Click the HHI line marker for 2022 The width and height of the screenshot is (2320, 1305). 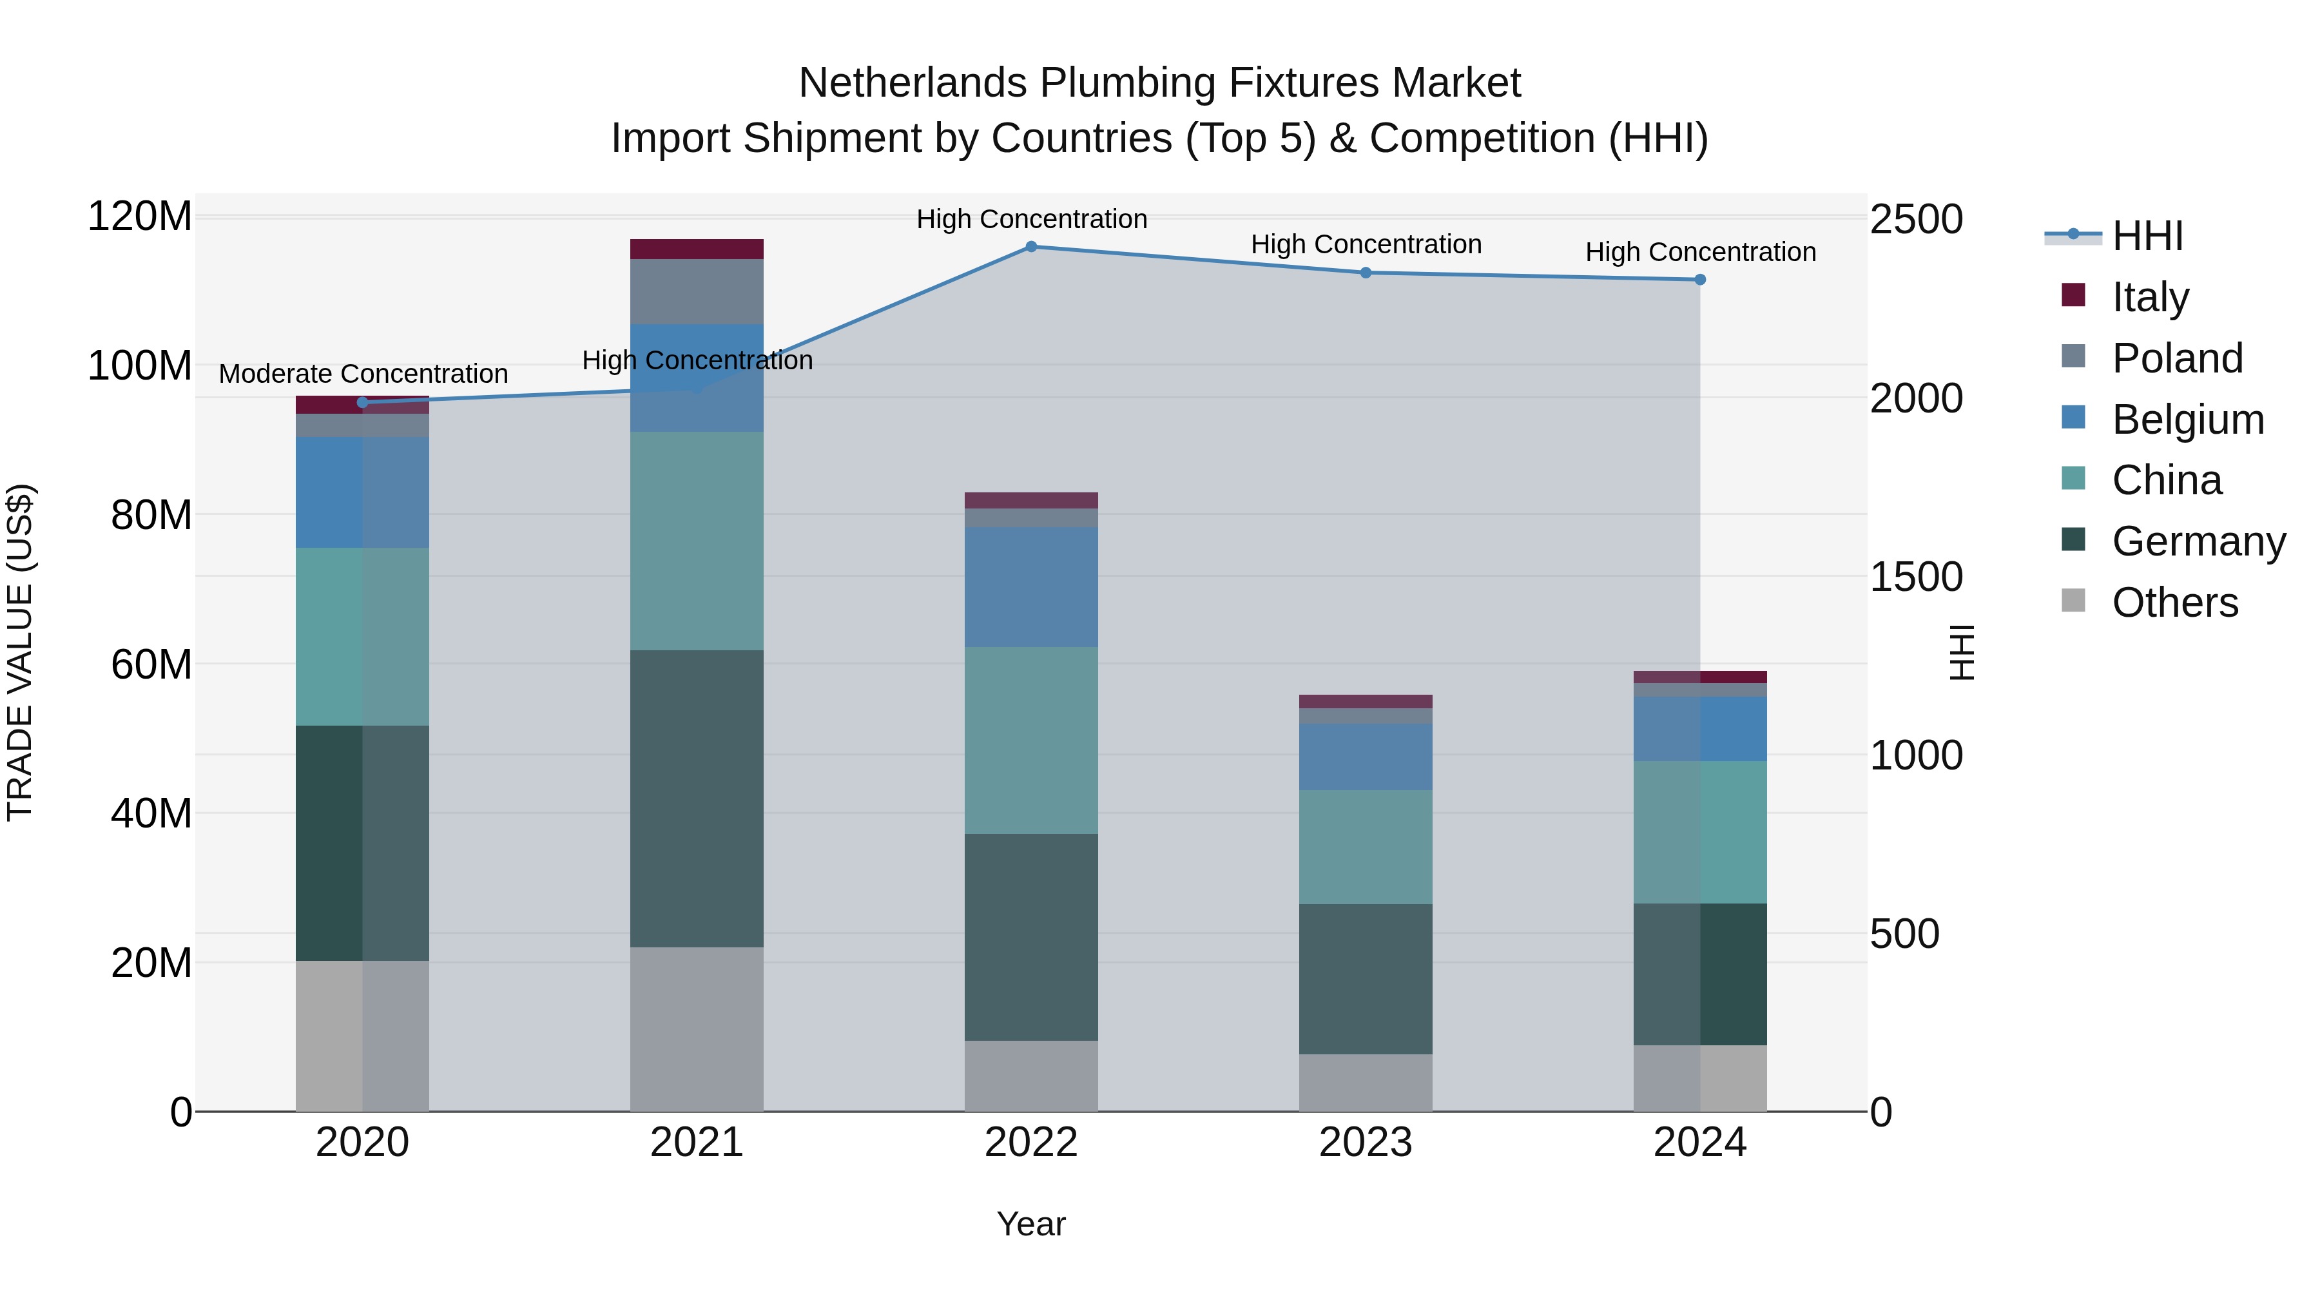coord(1031,247)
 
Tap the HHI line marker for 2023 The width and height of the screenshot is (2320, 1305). coord(1366,273)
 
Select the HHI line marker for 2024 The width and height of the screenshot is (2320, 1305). coord(1699,280)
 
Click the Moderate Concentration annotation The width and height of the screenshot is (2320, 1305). coord(363,374)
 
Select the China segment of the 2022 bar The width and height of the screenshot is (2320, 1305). coord(1031,740)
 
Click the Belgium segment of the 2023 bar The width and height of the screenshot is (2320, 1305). coord(1366,757)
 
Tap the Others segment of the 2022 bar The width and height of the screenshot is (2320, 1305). coord(1031,1076)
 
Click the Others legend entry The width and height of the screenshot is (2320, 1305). coord(2174,603)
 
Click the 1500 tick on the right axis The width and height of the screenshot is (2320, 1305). coord(1916,577)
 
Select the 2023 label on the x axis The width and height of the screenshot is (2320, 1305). coord(1366,1143)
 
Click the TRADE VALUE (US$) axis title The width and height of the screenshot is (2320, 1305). coord(21,652)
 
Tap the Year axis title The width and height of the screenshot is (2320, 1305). coord(1031,1224)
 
